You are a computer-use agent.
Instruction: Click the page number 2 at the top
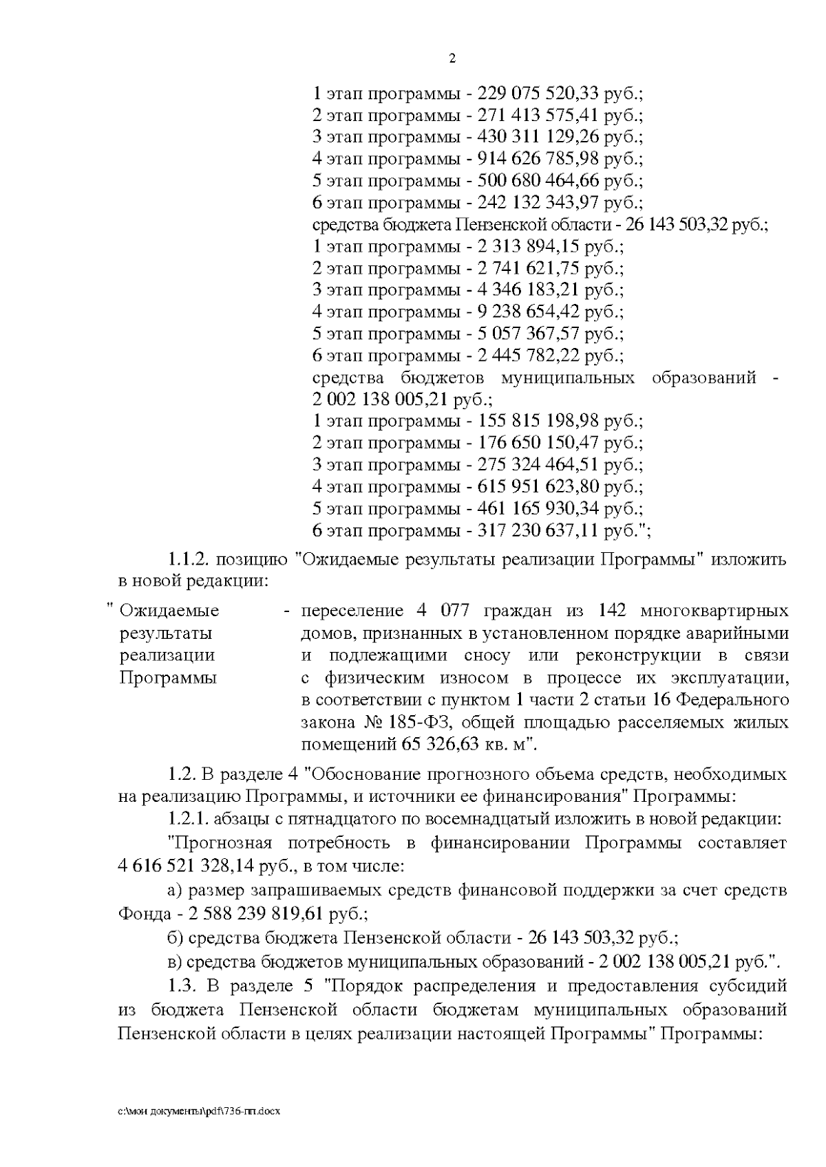[452, 59]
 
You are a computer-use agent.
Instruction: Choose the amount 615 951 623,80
[538, 487]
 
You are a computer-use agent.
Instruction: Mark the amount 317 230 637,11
[538, 531]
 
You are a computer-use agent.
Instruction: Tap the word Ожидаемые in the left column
[169, 611]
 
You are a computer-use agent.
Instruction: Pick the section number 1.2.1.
[187, 820]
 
